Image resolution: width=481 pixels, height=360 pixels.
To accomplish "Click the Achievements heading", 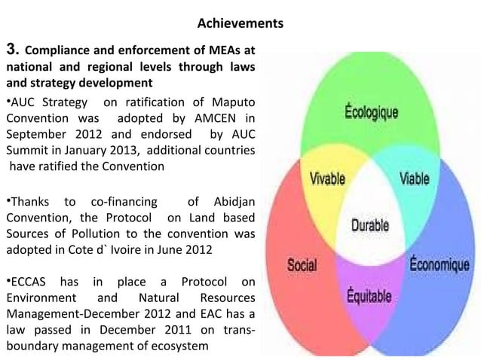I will (x=240, y=25).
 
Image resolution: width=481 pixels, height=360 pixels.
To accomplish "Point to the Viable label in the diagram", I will (x=415, y=180).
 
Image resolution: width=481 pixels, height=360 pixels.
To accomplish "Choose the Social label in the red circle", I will (x=302, y=265).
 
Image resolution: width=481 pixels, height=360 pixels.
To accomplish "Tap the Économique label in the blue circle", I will (x=440, y=265).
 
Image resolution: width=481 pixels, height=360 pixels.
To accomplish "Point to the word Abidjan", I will (x=231, y=201).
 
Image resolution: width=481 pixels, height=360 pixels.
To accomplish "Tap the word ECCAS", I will (x=28, y=282).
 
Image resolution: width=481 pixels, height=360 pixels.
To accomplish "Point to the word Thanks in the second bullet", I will (x=29, y=201).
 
